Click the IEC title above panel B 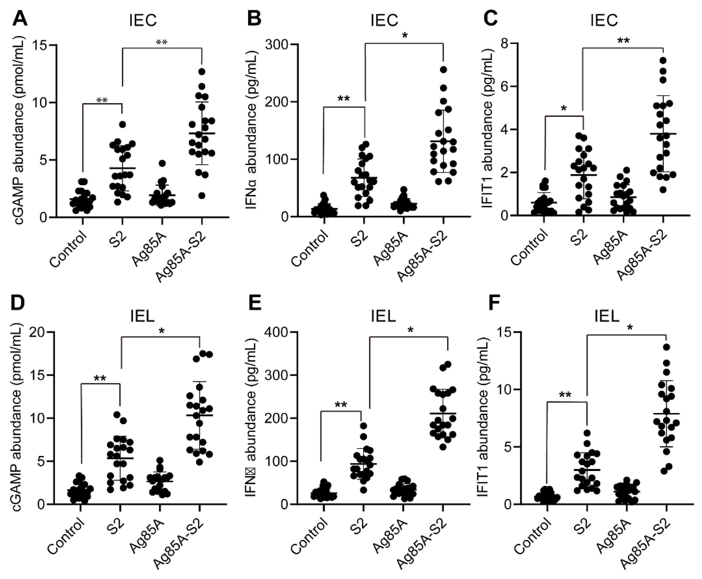click(x=384, y=21)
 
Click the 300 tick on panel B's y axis click(x=277, y=44)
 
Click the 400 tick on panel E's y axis click(x=277, y=332)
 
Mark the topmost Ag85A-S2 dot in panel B click(x=443, y=69)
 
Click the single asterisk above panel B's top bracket click(x=405, y=35)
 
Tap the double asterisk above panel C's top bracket click(x=623, y=41)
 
